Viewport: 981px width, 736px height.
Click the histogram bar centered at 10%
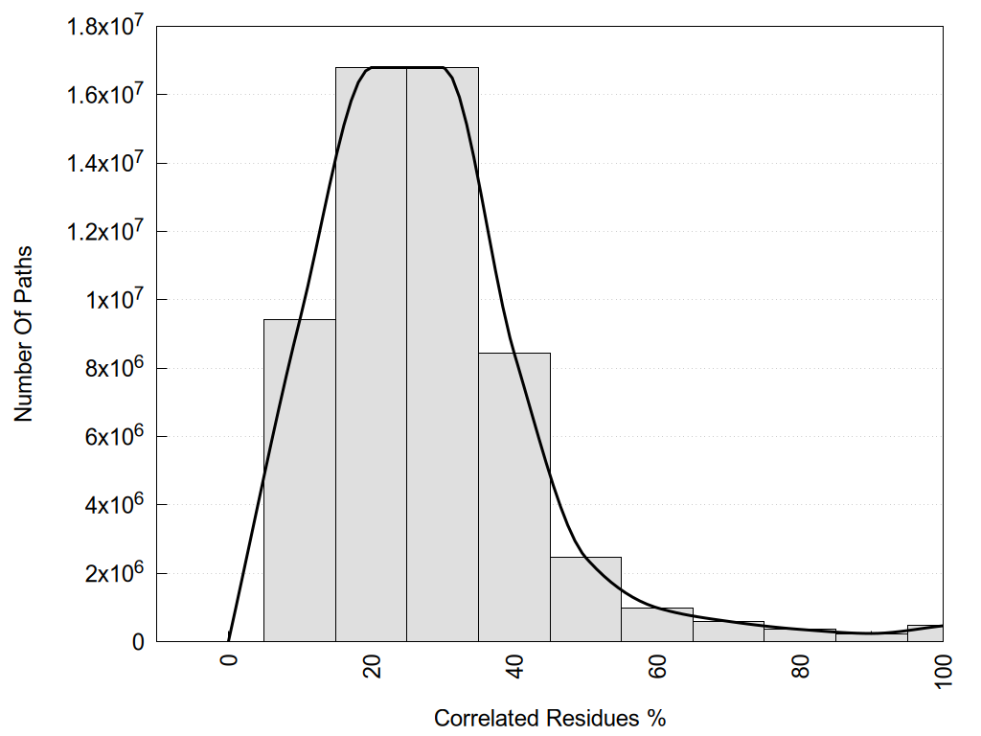click(299, 479)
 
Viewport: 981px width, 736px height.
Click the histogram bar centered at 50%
click(585, 599)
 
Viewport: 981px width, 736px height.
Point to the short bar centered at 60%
click(657, 625)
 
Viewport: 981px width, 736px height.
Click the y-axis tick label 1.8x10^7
click(104, 27)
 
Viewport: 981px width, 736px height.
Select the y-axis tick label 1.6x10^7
click(104, 95)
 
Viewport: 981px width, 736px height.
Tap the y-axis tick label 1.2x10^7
click(104, 231)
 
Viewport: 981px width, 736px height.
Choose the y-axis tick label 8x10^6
click(113, 368)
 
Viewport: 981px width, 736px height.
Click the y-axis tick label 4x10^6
click(113, 505)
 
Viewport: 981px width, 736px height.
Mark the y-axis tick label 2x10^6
click(113, 573)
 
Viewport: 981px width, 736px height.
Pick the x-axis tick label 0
click(229, 662)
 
